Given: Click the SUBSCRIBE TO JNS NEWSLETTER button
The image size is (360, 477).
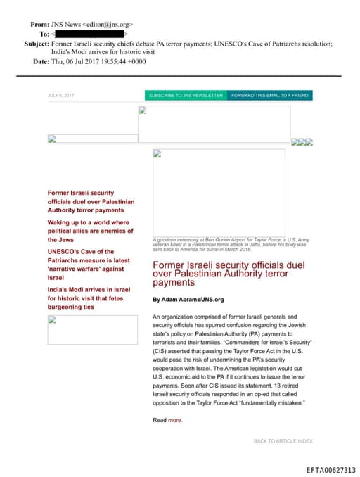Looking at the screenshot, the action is (186, 95).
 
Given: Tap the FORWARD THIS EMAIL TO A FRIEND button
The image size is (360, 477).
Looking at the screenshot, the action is (270, 95).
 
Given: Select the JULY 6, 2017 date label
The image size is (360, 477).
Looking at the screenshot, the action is (60, 95).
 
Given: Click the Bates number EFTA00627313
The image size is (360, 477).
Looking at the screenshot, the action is (331, 470).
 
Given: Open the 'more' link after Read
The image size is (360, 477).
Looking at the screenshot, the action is (175, 420).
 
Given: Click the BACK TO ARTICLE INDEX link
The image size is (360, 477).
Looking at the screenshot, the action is (283, 441).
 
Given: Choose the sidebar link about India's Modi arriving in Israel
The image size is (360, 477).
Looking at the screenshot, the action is (90, 298).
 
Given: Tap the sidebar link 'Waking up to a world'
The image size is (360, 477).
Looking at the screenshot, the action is (90, 231).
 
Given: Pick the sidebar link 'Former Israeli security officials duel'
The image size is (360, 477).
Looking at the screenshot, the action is (90, 201).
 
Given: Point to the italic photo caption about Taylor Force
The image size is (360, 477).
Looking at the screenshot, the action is (230, 244).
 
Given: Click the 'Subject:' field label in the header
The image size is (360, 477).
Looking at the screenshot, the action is (36, 44).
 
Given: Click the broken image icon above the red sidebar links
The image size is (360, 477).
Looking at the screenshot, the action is (51, 139).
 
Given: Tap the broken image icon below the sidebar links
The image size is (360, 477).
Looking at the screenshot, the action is (51, 319).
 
